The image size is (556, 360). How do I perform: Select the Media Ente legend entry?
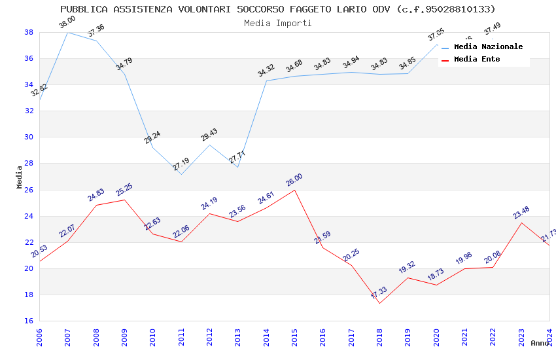(x=477, y=60)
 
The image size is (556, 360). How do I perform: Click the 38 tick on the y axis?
(x=29, y=32)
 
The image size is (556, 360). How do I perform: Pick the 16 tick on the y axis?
(x=29, y=321)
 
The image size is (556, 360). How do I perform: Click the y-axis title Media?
(x=20, y=177)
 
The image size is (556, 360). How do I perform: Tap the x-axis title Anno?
(x=540, y=343)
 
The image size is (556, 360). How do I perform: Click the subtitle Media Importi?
(x=278, y=23)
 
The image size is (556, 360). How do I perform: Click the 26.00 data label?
(x=294, y=180)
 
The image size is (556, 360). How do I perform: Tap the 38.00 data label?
(x=67, y=22)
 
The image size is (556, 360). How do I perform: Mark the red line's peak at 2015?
(x=294, y=190)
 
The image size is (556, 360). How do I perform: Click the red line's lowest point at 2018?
(x=379, y=303)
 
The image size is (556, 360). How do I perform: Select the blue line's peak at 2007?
(x=67, y=32)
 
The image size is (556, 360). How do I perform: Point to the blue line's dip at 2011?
(x=181, y=174)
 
